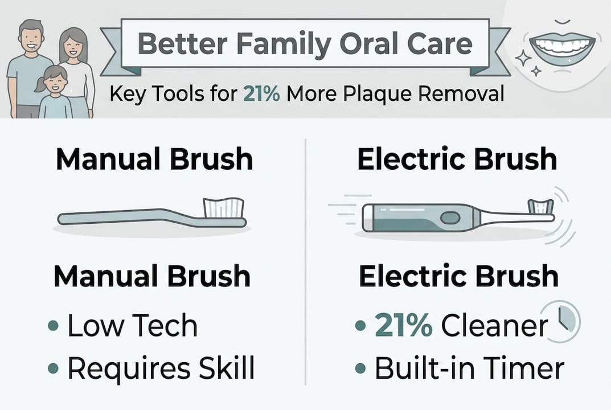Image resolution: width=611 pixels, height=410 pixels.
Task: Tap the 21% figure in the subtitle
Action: pyautogui.click(x=261, y=93)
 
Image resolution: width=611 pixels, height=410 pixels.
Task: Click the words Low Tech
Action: pyautogui.click(x=132, y=326)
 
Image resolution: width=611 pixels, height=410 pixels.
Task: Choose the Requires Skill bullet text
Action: pyautogui.click(x=161, y=368)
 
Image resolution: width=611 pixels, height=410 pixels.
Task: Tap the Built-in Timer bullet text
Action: pyautogui.click(x=469, y=368)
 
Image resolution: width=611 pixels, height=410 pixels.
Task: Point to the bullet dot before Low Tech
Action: pyautogui.click(x=53, y=326)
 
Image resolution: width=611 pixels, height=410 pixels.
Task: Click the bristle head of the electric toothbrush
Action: pyautogui.click(x=540, y=206)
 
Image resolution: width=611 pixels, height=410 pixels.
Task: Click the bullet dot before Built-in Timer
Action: pyautogui.click(x=360, y=368)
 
